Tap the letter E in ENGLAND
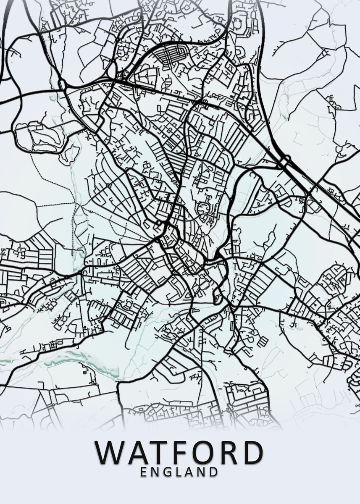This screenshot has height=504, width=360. (144, 472)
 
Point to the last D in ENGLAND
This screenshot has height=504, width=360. (214, 472)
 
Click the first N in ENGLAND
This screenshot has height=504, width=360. (156, 472)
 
